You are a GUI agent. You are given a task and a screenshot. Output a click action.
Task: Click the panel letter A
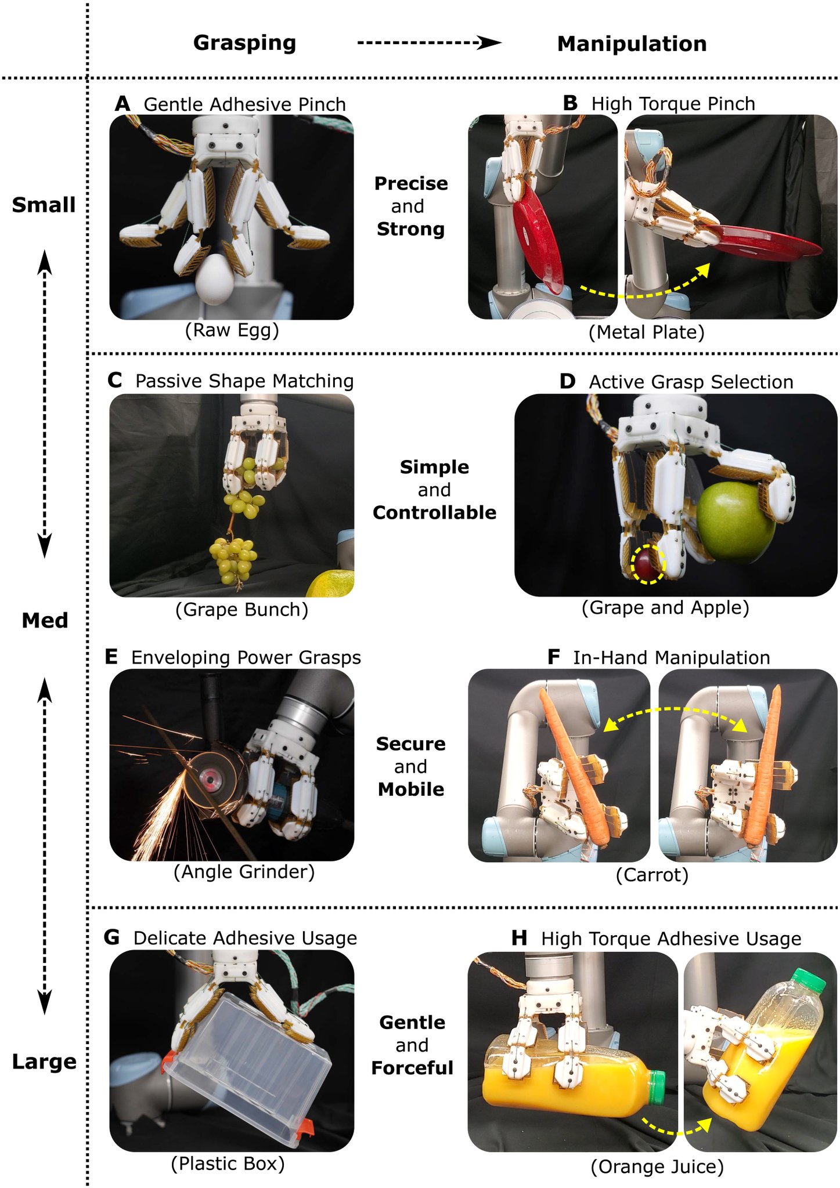122,104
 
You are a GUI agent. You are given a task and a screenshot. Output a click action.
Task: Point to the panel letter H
520,938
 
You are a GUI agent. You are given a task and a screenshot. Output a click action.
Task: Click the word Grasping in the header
244,43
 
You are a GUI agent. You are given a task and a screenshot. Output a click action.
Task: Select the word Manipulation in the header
632,44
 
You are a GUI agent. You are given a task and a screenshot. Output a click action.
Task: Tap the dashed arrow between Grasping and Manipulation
429,43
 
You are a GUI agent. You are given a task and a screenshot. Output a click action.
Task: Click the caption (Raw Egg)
232,330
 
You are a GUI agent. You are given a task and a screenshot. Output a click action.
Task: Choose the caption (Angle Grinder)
244,872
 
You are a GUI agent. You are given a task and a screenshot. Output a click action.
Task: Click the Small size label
44,205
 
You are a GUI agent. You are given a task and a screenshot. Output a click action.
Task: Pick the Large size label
44,1062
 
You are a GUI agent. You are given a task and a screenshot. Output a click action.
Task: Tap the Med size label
45,621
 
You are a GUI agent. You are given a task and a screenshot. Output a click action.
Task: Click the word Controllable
434,513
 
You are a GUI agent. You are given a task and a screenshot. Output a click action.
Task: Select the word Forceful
412,1068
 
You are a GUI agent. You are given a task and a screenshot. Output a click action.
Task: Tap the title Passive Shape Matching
244,381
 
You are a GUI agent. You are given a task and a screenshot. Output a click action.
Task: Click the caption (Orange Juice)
657,1167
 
